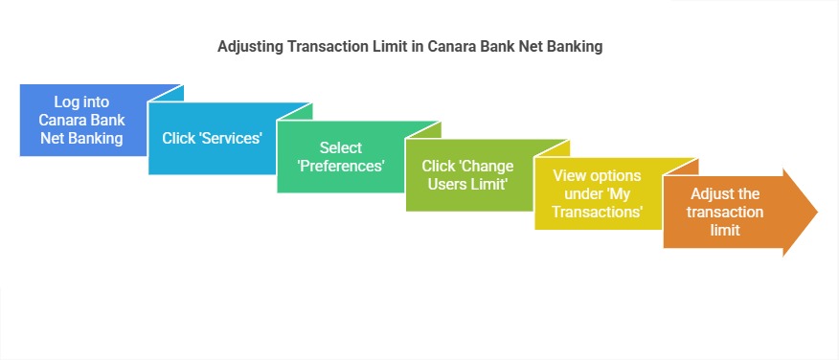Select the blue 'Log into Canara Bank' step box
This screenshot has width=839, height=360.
[81, 121]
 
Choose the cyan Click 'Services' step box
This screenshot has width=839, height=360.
[211, 138]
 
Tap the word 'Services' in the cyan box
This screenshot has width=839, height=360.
[229, 138]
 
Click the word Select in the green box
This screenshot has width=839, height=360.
[341, 147]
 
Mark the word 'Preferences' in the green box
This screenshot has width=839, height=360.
[341, 165]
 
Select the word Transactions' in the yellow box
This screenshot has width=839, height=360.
[601, 211]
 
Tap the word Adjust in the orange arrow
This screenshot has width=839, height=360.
[711, 193]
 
